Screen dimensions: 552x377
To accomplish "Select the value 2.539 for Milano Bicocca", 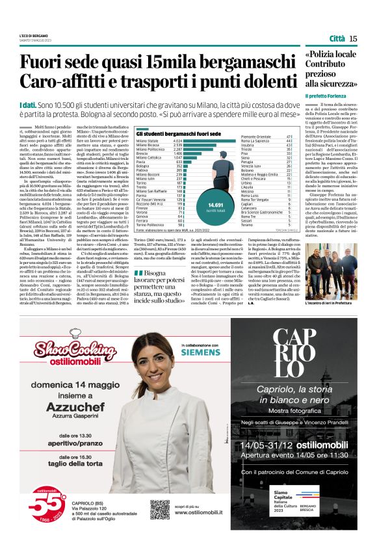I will click(177, 145).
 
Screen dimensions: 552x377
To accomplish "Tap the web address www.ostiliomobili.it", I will click(201, 512).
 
